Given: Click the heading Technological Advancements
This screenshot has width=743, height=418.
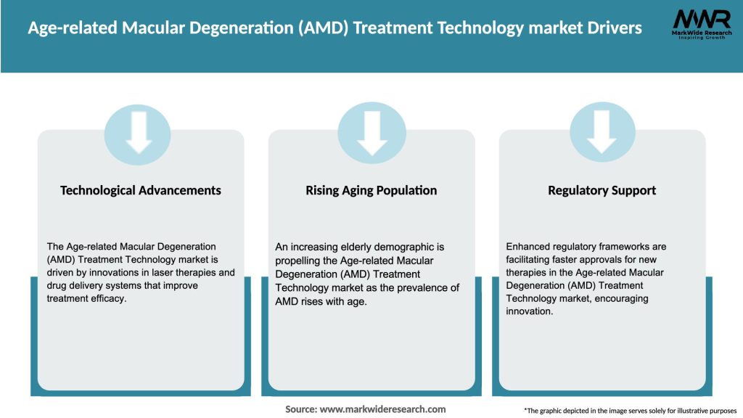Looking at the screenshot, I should [141, 190].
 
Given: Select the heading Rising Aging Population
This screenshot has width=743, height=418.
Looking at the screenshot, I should [371, 190].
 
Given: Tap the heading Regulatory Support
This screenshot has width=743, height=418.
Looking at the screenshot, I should [602, 190].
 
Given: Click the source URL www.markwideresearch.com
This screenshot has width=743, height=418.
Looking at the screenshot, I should [382, 409].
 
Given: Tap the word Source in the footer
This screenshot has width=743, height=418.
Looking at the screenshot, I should [300, 409].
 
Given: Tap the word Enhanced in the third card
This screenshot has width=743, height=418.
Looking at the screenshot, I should [528, 247].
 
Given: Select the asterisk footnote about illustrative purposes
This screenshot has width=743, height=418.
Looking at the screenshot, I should [630, 411].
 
